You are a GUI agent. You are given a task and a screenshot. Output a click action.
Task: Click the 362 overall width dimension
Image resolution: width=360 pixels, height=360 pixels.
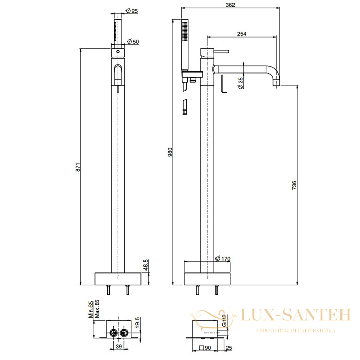(x=230, y=5)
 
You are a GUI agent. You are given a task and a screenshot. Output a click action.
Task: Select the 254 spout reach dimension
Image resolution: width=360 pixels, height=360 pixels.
(x=242, y=34)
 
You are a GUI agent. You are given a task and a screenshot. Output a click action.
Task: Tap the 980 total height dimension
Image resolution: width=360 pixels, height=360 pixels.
(x=170, y=152)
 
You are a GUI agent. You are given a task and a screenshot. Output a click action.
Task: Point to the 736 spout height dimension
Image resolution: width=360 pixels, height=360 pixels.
(x=294, y=185)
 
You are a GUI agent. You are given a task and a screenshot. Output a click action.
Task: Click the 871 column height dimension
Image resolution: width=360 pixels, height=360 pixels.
(x=78, y=167)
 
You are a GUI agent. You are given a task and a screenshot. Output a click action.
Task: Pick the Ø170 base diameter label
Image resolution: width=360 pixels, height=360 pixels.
(x=223, y=258)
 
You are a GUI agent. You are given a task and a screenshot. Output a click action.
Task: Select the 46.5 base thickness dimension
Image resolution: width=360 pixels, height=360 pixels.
(x=146, y=265)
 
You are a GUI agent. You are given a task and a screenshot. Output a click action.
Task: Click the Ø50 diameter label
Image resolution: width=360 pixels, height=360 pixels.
(x=133, y=42)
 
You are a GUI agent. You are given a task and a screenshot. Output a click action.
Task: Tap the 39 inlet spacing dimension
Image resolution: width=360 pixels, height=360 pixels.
(x=119, y=346)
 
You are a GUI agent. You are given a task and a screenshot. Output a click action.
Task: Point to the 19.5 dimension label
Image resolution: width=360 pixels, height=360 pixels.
(x=137, y=322)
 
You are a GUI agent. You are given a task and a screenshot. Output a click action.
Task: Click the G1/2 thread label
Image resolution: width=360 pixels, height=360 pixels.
(x=224, y=320)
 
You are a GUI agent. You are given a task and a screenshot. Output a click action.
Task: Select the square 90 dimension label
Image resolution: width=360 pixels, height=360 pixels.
(x=205, y=348)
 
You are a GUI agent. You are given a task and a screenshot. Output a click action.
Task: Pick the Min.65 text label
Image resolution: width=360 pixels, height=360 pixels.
(x=91, y=310)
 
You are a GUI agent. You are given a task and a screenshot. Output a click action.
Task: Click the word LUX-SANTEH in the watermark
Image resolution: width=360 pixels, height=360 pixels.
(x=296, y=315)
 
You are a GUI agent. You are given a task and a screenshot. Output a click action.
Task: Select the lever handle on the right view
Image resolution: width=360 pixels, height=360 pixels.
(x=221, y=51)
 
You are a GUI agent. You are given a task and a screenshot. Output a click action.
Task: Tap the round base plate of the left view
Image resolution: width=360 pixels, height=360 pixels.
(x=118, y=279)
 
